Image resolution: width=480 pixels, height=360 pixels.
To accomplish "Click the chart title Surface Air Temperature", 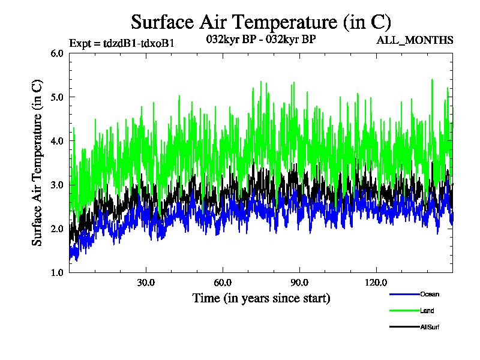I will point(261,22).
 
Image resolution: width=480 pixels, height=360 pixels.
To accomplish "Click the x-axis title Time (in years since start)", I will point(261,298).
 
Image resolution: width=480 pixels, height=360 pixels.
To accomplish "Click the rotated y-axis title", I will point(37,163).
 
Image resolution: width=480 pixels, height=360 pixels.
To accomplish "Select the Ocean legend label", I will point(430,294).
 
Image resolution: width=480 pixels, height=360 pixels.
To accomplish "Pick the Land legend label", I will point(427,311).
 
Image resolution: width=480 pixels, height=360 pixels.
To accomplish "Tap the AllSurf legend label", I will point(430,327).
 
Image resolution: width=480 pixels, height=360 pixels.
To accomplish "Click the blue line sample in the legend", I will point(404,294).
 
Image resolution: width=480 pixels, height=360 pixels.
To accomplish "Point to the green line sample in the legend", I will point(404,310).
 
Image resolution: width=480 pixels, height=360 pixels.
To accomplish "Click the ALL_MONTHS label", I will point(415,41).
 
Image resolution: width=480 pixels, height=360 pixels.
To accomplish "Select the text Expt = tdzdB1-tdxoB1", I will point(122,43).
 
